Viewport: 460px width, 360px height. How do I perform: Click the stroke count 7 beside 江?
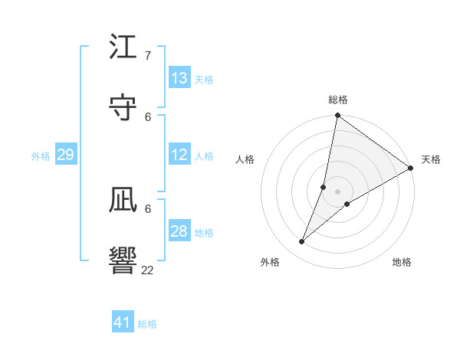tap(148, 56)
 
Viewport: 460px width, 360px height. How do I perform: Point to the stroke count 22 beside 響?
tap(148, 270)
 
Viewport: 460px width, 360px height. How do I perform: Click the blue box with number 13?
tap(179, 78)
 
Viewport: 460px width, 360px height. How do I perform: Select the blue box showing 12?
tap(179, 155)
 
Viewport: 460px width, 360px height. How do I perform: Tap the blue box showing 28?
tap(179, 231)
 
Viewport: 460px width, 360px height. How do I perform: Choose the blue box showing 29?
tap(65, 155)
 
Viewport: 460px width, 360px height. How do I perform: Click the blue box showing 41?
tap(123, 322)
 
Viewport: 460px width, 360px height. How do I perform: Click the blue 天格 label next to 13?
tap(204, 80)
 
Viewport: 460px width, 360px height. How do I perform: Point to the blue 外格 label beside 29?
tap(41, 156)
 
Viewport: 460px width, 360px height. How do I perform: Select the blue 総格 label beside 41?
tap(147, 324)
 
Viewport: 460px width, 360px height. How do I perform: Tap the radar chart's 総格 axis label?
tap(338, 100)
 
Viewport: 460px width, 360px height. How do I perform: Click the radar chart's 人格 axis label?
tap(245, 159)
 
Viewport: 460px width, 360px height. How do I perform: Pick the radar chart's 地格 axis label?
tap(402, 262)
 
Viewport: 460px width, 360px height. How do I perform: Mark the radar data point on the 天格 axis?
tap(410, 168)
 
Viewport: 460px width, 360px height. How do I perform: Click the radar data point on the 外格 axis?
tap(302, 242)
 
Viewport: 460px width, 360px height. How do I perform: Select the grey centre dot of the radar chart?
tap(338, 191)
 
